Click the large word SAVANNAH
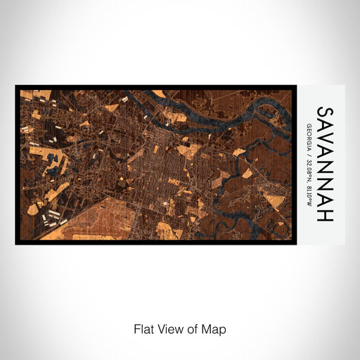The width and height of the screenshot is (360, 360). [x=325, y=165]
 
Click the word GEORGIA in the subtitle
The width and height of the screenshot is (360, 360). [x=309, y=138]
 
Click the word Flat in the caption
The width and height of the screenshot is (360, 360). [x=143, y=329]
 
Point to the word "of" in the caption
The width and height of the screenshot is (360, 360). [x=193, y=329]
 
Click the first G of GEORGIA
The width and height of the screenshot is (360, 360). [x=309, y=126]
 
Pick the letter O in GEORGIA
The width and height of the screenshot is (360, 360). [x=309, y=134]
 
